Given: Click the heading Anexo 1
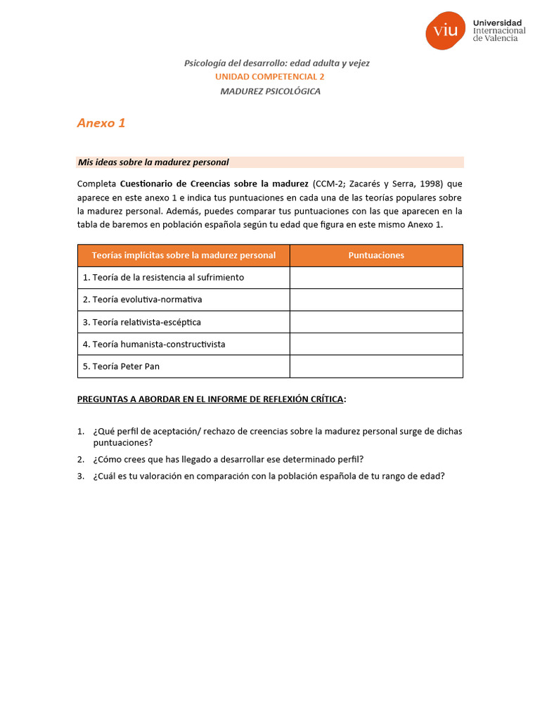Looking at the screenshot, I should tap(101, 123).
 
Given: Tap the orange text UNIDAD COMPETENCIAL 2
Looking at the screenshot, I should tap(269, 77).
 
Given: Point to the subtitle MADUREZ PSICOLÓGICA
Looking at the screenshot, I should tap(270, 91).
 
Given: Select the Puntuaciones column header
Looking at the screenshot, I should tap(376, 255).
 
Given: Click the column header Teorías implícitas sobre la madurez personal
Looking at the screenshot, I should tap(184, 255).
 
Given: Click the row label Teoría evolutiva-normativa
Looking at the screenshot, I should tap(142, 300).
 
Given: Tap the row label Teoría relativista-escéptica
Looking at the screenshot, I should tap(141, 322).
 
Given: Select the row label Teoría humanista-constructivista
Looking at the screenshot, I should tap(154, 345).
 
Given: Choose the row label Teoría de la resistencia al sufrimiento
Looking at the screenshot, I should tap(163, 278).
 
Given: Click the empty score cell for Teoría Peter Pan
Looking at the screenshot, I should tap(376, 366).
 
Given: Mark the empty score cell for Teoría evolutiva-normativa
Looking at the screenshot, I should tap(376, 300).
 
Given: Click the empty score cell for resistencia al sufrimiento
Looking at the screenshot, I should tap(376, 278).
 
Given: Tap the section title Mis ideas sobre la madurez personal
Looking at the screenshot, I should tap(153, 162).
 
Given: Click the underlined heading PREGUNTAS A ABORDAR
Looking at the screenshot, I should tap(210, 399).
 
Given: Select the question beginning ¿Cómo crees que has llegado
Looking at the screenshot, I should tap(228, 459).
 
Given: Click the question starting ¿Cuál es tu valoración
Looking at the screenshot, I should tap(269, 476).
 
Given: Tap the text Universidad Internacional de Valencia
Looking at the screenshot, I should tap(499, 30).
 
